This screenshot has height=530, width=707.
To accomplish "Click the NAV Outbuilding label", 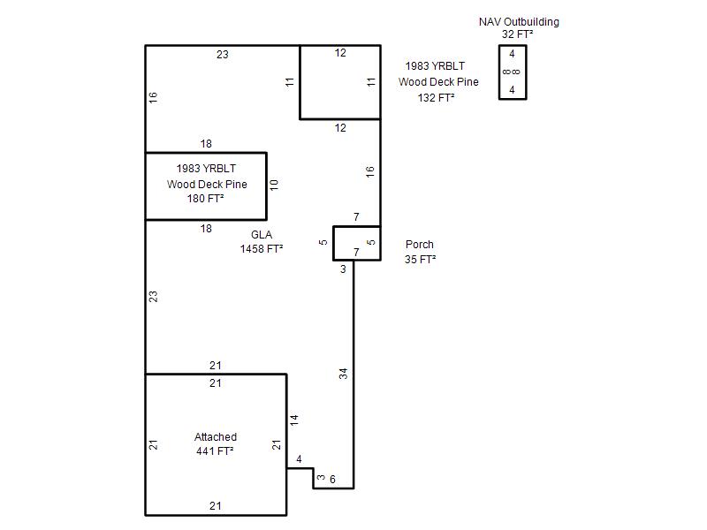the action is click(x=519, y=22).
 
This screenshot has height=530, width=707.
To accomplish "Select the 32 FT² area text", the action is click(x=518, y=34).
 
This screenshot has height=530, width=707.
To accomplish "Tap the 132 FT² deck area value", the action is click(x=436, y=98).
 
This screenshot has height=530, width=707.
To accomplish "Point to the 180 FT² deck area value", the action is click(x=206, y=198).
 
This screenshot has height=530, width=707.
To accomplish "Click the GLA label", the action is click(x=262, y=235).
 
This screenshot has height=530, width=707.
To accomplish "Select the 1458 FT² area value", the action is click(x=262, y=249).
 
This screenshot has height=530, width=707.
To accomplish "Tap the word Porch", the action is click(x=419, y=245).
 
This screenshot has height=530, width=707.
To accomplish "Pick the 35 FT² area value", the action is click(x=421, y=260).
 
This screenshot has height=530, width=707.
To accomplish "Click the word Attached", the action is click(x=216, y=436).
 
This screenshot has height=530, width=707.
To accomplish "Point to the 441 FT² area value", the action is click(x=215, y=451).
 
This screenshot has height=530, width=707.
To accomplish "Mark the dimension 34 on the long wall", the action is click(x=344, y=374).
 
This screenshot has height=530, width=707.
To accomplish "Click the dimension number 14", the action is click(x=294, y=420).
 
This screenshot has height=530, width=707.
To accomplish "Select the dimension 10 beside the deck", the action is click(x=274, y=185).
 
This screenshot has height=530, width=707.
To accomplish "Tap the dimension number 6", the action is click(x=332, y=480).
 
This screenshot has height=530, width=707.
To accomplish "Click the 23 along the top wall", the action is click(x=223, y=55).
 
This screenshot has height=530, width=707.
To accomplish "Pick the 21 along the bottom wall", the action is click(x=216, y=506).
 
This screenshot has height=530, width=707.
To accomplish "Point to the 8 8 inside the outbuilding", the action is click(x=512, y=72).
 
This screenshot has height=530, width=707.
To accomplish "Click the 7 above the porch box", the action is click(x=356, y=217).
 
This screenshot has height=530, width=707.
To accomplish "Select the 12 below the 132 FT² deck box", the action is click(x=340, y=128).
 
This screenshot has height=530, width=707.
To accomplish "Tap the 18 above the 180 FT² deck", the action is click(x=206, y=144).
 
